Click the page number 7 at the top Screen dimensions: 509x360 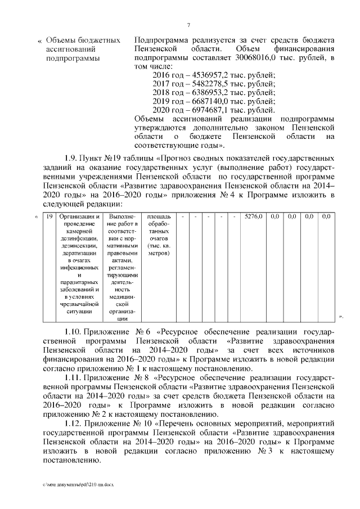click(188, 24)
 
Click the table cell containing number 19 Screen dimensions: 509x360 click(49, 216)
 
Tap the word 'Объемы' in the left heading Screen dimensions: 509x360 click(62, 40)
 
